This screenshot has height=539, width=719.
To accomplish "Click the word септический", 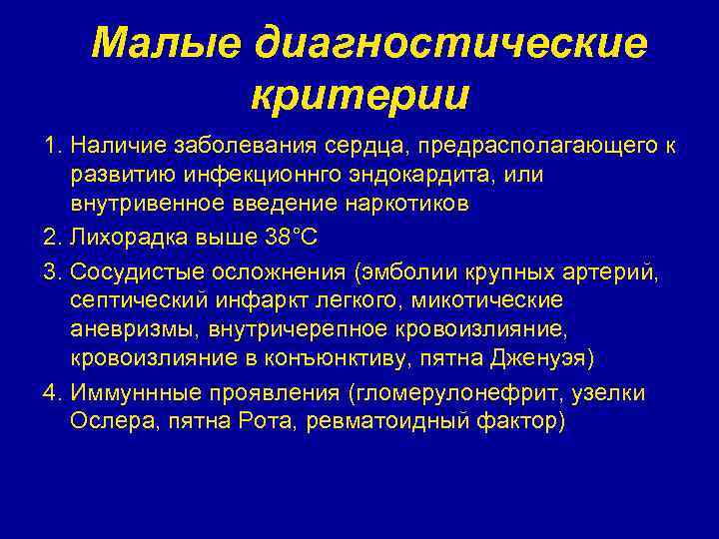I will [130, 300].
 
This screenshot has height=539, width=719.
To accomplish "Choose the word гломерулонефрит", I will [475, 393].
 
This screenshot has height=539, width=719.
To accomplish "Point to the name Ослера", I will [105, 420].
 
